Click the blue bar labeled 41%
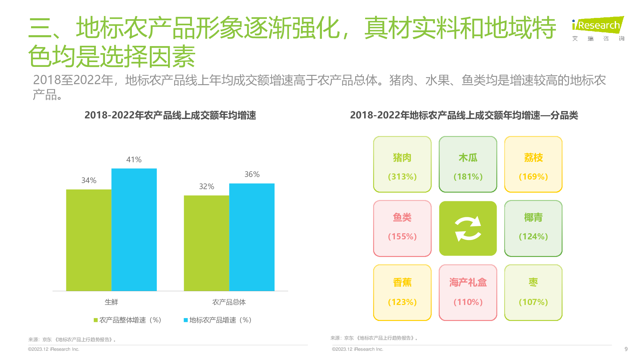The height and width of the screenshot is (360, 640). pyautogui.click(x=134, y=229)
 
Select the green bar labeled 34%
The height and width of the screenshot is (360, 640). pyautogui.click(x=89, y=240)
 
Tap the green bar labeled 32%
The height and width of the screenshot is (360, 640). pyautogui.click(x=206, y=243)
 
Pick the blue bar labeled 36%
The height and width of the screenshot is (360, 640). pyautogui.click(x=252, y=237)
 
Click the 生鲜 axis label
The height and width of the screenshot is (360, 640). pyautogui.click(x=111, y=302)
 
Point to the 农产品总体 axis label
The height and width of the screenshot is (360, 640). pyautogui.click(x=229, y=302)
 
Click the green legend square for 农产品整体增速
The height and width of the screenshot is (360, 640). pyautogui.click(x=96, y=320)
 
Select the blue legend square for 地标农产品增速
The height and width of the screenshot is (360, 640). pyautogui.click(x=186, y=320)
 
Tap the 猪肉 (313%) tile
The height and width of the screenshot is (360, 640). pyautogui.click(x=402, y=164)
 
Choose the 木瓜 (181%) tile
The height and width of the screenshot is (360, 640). pyautogui.click(x=468, y=164)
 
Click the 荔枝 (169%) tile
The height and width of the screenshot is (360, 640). pyautogui.click(x=533, y=164)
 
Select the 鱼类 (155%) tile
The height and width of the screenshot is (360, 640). pyautogui.click(x=402, y=228)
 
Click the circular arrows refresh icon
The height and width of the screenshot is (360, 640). pyautogui.click(x=468, y=228)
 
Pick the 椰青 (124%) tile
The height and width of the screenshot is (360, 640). pyautogui.click(x=533, y=228)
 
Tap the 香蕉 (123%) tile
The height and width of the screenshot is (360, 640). pyautogui.click(x=402, y=292)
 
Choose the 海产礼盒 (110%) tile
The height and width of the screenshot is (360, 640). pyautogui.click(x=468, y=292)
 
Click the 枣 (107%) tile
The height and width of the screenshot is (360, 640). pyautogui.click(x=533, y=292)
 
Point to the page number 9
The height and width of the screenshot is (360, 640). pyautogui.click(x=626, y=349)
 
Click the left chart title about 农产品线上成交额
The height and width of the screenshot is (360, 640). pyautogui.click(x=170, y=115)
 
